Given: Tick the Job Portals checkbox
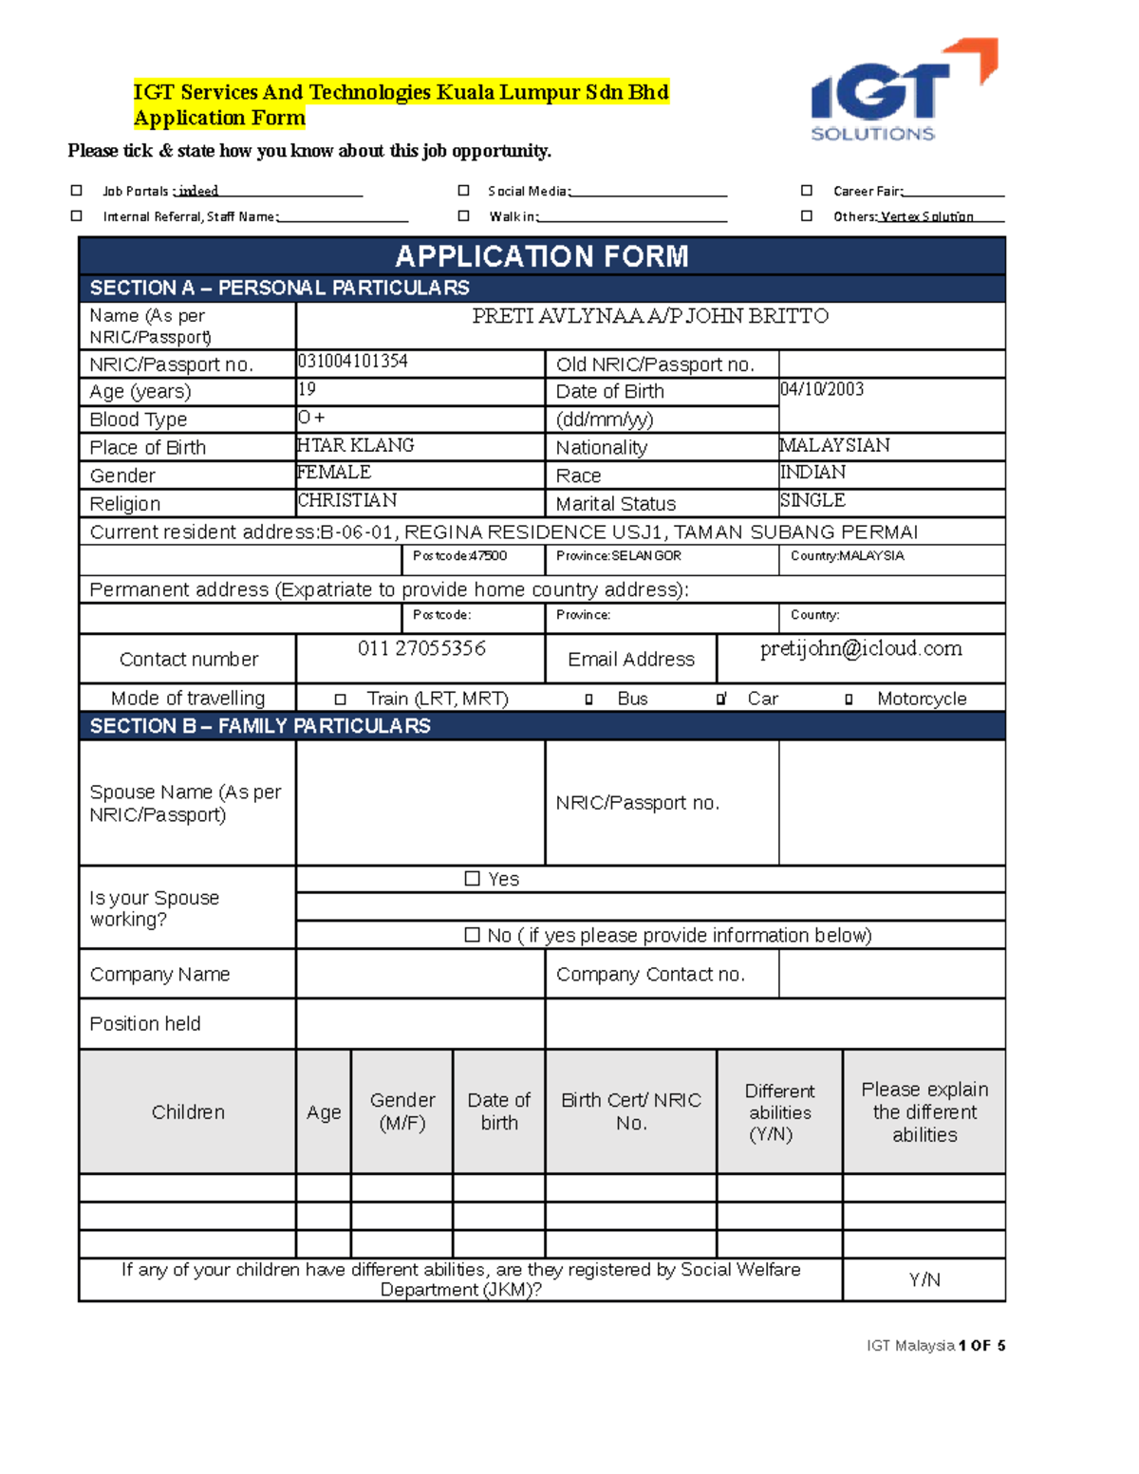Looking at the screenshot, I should tap(77, 191).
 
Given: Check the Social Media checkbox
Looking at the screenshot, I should tap(463, 191).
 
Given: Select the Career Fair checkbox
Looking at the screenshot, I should tap(806, 191).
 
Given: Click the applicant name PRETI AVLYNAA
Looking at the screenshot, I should tap(650, 316).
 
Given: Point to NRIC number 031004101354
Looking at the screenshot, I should tap(353, 362).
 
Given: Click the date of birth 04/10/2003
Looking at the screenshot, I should tap(822, 389).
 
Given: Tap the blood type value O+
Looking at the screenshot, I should tap(311, 418).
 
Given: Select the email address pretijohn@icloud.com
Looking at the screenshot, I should tap(861, 648).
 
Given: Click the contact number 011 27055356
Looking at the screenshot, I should tap(421, 648).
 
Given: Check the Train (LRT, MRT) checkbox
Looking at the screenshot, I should tap(340, 700).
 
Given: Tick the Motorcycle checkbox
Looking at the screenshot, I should tap(849, 700).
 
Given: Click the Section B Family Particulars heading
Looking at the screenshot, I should tap(260, 726).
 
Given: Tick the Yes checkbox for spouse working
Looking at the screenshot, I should tap(472, 879).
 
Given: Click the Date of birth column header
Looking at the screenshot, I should tap(499, 1111).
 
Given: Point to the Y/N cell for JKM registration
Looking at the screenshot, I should tap(924, 1279).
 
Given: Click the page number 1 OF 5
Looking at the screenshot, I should tap(981, 1346).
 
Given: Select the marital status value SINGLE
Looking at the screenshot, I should tap(812, 500).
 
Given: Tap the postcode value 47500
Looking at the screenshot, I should tap(489, 556).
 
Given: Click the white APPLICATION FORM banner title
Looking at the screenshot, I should tap(542, 256).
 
